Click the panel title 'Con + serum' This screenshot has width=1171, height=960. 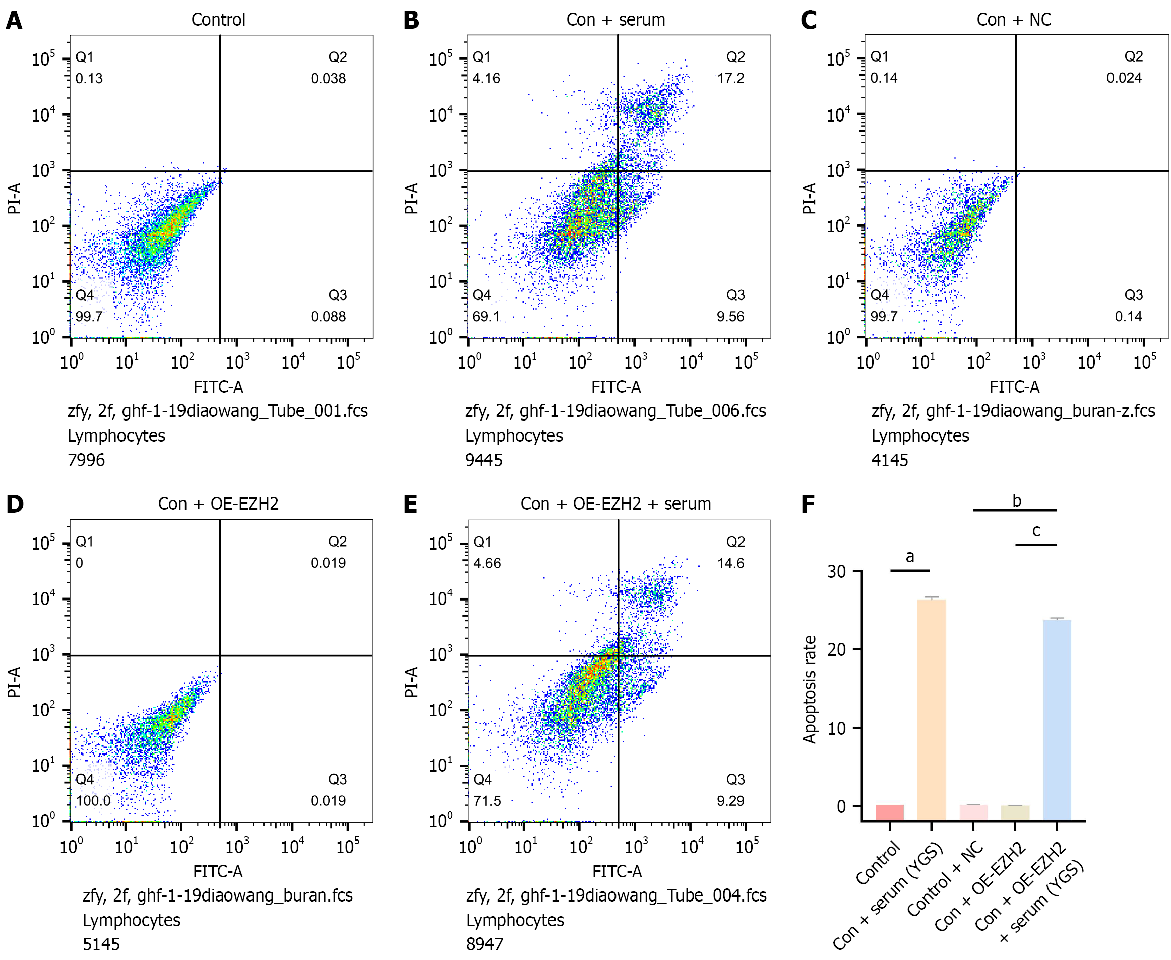pos(615,20)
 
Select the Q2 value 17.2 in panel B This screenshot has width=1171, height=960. pos(730,78)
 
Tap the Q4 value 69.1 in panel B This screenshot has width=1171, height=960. pos(486,316)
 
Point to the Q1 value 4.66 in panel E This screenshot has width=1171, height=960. pos(487,563)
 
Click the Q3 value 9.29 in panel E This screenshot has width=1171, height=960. pos(730,800)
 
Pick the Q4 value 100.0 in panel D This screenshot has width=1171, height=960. pos(93,800)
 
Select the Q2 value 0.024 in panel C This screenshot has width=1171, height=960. pos(1124,78)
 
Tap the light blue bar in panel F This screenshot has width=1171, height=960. pos(1057,719)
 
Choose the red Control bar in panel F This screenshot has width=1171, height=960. pos(890,812)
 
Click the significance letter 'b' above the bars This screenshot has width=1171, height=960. pos(1016,501)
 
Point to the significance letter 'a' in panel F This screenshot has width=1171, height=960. pos(910,557)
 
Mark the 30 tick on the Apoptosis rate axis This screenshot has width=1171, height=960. pos(836,572)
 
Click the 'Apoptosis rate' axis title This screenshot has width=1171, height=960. pos(810,689)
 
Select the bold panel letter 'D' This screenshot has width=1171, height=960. pos(15,504)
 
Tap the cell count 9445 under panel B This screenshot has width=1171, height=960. pos(484,460)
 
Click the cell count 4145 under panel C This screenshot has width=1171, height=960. pos(890,460)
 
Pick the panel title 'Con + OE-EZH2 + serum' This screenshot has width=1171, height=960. pos(615,504)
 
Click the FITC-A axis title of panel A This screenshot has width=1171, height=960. pos(218,387)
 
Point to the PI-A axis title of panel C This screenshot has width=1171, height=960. pos(809,198)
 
